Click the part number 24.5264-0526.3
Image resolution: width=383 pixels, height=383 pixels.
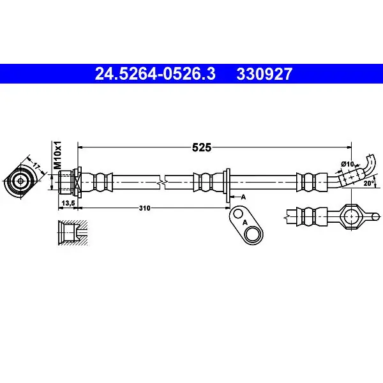coord(155,74)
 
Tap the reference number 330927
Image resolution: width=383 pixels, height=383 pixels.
coord(264,74)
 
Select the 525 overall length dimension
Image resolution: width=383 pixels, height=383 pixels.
coord(202,147)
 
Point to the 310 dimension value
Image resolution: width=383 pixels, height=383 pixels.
coord(145,208)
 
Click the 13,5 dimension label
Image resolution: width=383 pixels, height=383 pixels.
coord(68,203)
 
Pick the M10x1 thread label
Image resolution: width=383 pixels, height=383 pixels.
coord(57,155)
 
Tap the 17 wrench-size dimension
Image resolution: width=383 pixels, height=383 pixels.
coord(36,167)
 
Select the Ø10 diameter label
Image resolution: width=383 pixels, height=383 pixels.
coord(347,164)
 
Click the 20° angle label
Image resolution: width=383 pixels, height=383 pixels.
coord(369,183)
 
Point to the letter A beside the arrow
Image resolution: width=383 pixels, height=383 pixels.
coord(243,197)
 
